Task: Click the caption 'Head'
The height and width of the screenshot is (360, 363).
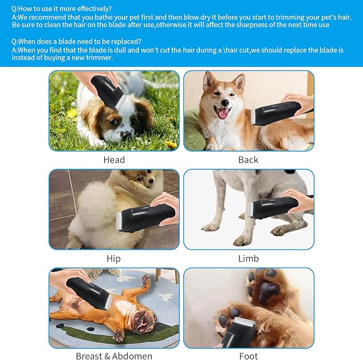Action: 114,160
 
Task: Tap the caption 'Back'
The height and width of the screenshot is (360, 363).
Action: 248,160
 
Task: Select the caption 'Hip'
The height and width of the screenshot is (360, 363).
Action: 113,259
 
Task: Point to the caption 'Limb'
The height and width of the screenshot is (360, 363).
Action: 248,259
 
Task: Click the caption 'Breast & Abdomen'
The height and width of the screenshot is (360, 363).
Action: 114,356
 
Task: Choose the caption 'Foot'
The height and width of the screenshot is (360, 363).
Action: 248,356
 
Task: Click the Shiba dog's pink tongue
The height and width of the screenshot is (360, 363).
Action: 222,113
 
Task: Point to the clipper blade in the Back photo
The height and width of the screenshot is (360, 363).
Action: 253,116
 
